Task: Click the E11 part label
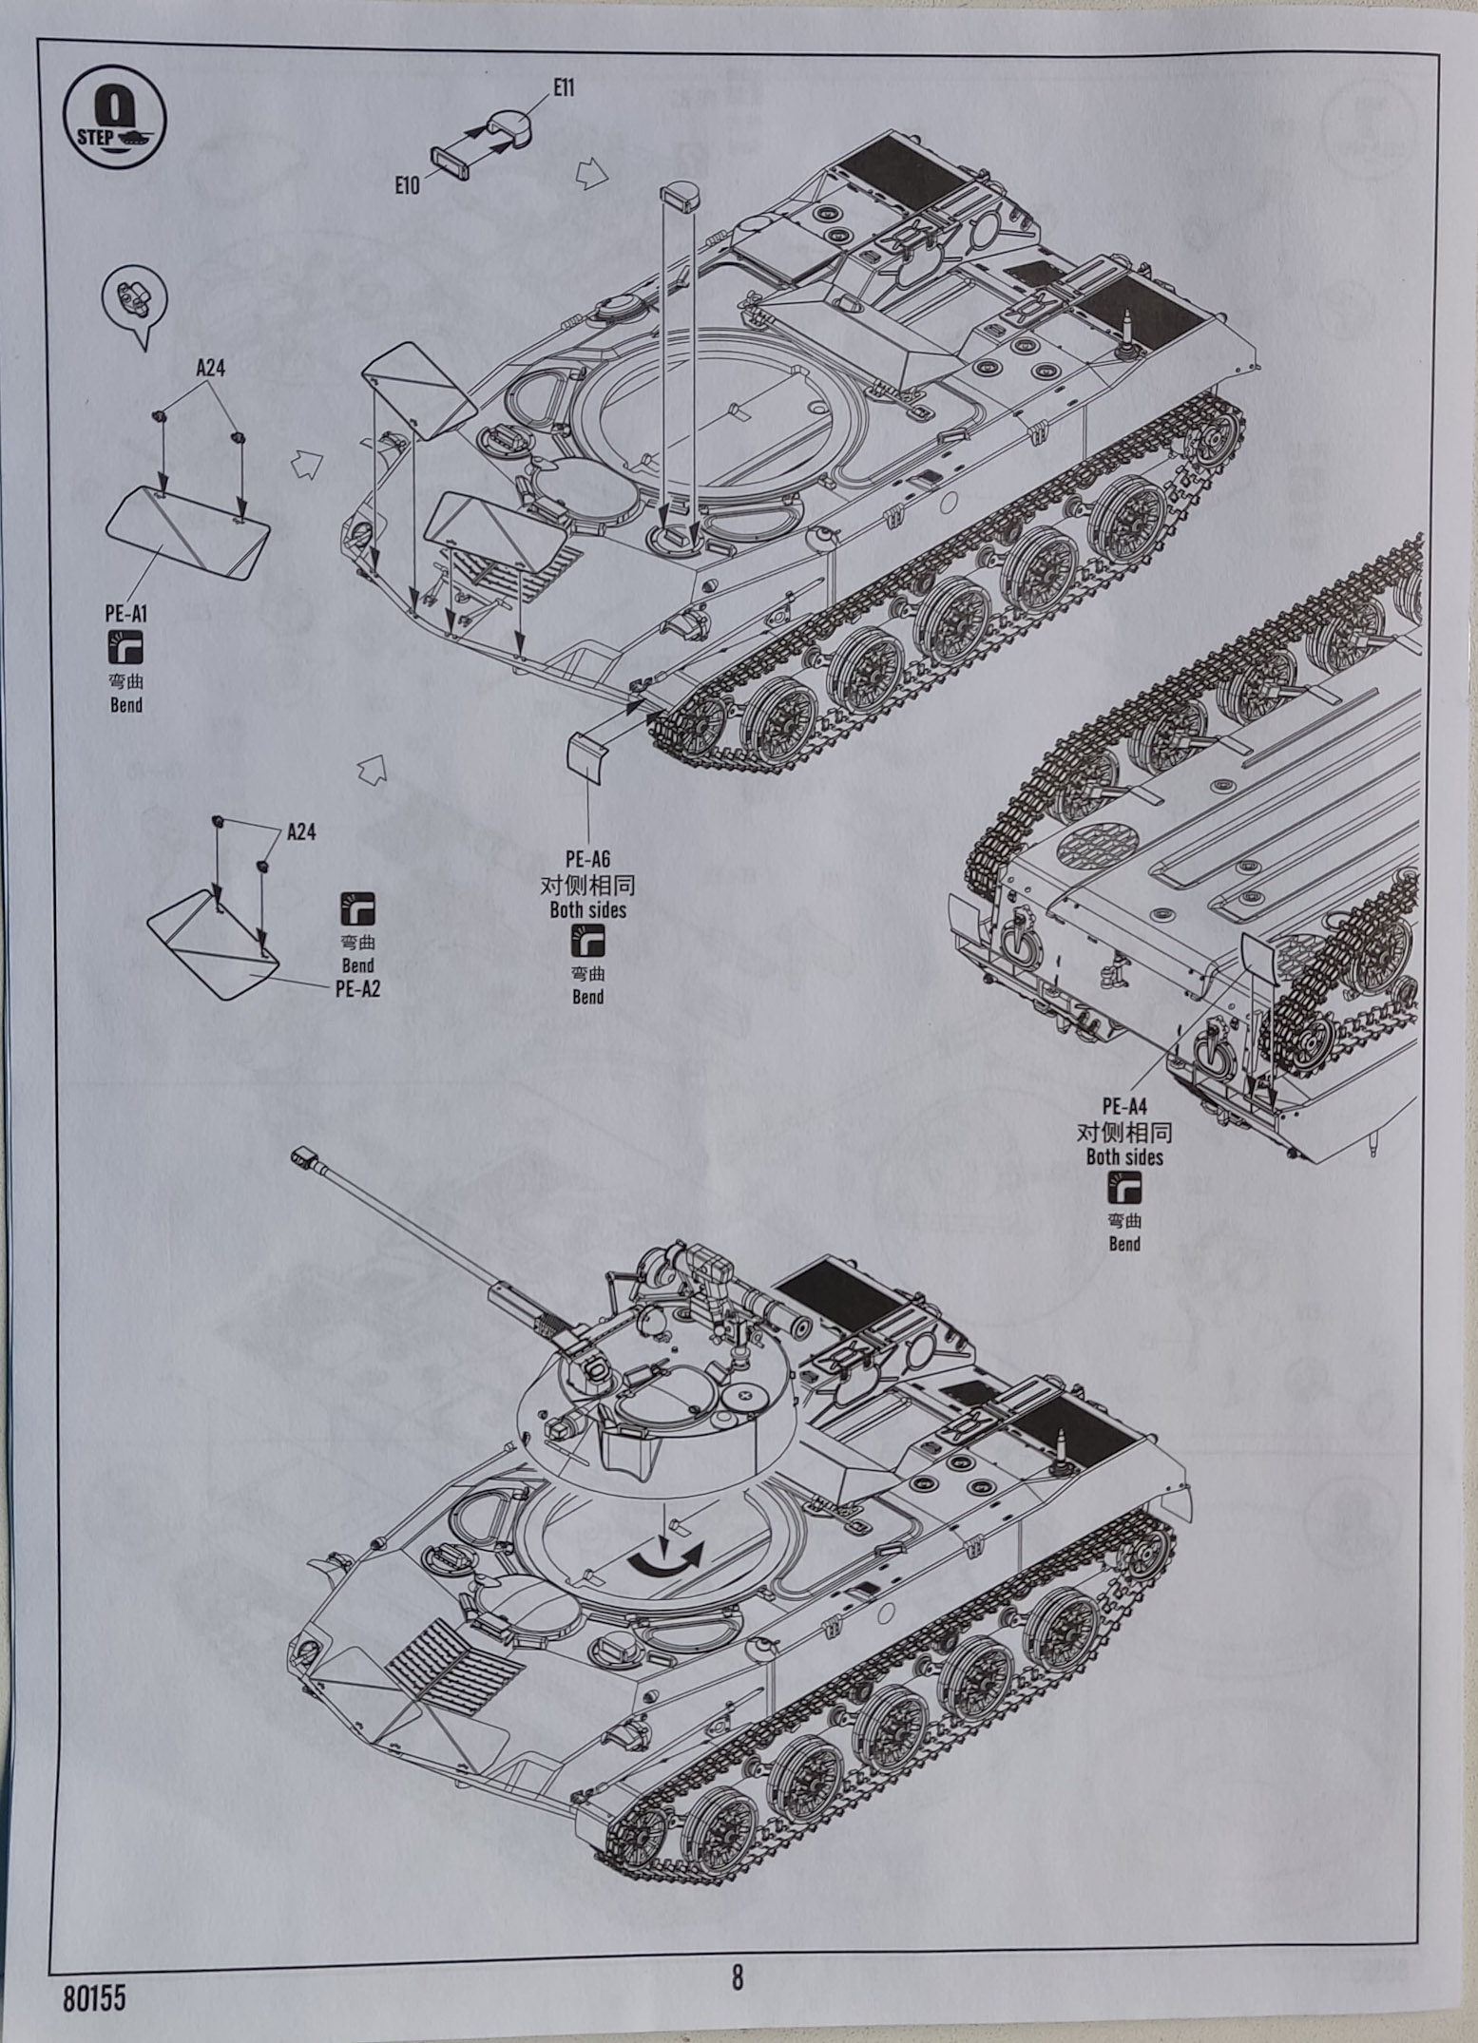[564, 88]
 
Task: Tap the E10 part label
[407, 186]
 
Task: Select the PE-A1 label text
[125, 615]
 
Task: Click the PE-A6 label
[587, 861]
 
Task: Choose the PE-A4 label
[1124, 1107]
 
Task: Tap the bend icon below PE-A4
[1124, 1188]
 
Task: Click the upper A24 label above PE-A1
[210, 369]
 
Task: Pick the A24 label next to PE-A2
[300, 832]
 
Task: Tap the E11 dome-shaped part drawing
[509, 124]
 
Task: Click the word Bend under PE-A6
[587, 997]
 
